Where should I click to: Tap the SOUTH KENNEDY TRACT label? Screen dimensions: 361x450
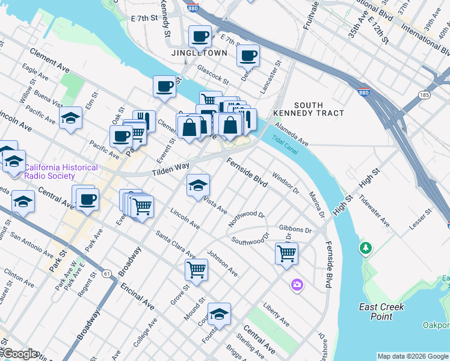click(x=309, y=108)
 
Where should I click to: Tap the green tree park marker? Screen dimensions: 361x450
click(x=365, y=248)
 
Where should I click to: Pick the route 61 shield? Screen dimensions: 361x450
click(x=107, y=274)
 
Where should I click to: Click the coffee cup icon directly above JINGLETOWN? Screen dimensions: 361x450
click(x=200, y=36)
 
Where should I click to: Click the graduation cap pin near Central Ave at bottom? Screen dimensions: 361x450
click(x=219, y=313)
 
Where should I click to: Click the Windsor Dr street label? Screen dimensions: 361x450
click(x=286, y=183)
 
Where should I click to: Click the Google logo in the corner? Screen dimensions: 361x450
click(x=19, y=354)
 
